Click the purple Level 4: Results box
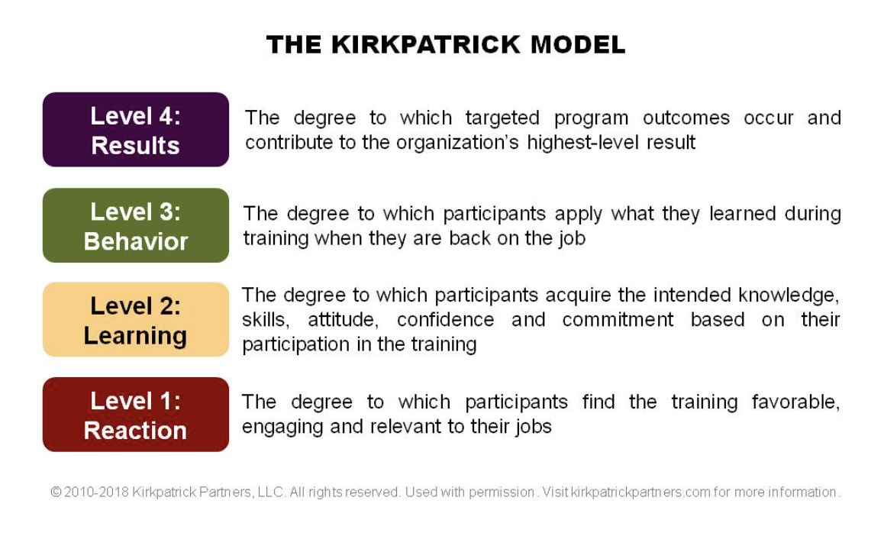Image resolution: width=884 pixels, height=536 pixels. pyautogui.click(x=136, y=130)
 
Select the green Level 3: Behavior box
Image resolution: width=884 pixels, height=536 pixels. pyautogui.click(x=136, y=225)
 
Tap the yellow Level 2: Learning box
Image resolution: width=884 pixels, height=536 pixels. pyautogui.click(x=136, y=320)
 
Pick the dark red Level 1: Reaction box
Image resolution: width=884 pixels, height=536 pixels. pyautogui.click(x=136, y=415)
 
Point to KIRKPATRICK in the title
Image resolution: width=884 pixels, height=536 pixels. pyautogui.click(x=426, y=45)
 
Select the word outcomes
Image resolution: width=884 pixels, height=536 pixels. pyautogui.click(x=686, y=118)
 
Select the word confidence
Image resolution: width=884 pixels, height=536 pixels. pyautogui.click(x=445, y=320)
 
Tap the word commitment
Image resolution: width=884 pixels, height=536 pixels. pyautogui.click(x=618, y=320)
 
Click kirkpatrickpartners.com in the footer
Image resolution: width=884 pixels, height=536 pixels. pyautogui.click(x=640, y=492)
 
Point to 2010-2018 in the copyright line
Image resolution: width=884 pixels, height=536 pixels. pyautogui.click(x=96, y=492)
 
